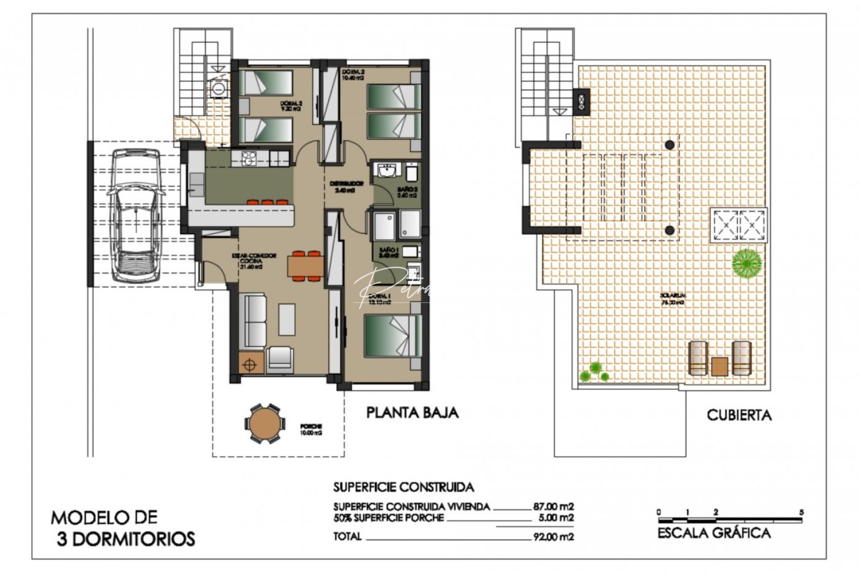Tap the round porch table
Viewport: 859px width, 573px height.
264,423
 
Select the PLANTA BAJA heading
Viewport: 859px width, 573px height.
413,412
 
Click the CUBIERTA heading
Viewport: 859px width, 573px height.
739,415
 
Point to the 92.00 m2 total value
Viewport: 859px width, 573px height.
553,537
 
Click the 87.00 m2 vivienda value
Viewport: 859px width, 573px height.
553,506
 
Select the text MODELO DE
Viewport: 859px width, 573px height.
104,517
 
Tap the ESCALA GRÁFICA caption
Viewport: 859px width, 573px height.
714,533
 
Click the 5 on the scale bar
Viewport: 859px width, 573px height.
801,512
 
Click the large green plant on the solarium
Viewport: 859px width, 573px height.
747,262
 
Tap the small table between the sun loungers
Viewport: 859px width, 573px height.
720,366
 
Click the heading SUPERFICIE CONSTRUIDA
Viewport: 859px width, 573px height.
403,487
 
